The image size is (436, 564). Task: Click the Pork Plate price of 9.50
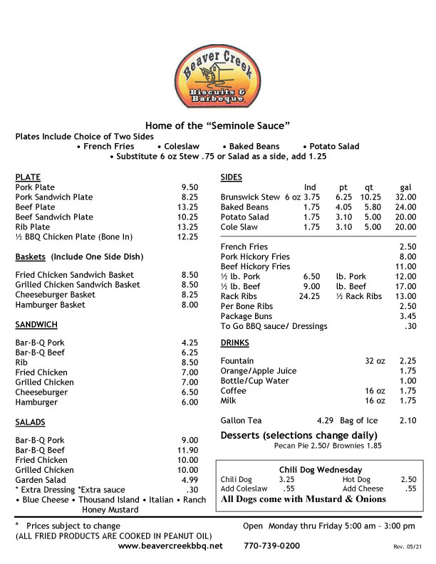pos(189,187)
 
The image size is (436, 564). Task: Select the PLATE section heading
pos(28,177)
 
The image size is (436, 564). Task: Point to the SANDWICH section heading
pos(36,325)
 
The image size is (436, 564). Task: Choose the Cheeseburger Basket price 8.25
pos(189,295)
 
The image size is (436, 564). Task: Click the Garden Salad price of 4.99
pos(189,480)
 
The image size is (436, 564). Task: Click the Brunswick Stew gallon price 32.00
pos(405,197)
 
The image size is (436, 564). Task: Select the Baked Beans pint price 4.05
pos(344,207)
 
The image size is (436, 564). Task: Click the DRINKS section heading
pos(234,343)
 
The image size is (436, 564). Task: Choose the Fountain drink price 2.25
pos(408,361)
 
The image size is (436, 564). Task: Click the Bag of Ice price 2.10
pos(408,421)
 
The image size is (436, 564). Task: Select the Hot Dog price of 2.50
pos(408,480)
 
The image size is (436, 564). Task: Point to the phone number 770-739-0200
pos(271,545)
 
